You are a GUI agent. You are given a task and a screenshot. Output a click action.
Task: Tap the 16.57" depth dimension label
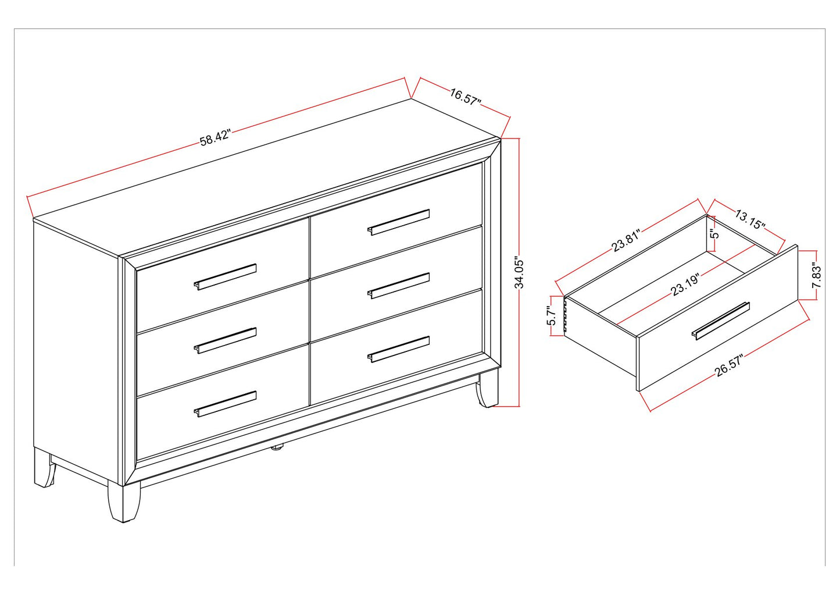point(465,97)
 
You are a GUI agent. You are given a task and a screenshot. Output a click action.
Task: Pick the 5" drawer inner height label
point(715,234)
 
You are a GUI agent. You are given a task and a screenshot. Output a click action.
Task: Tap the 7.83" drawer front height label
point(817,275)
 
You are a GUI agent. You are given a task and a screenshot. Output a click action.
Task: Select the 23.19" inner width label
point(685,285)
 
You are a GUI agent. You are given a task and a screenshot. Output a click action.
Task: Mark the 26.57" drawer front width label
point(728,366)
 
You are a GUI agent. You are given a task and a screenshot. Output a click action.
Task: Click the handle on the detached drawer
point(720,321)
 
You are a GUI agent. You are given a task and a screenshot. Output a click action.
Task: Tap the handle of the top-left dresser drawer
point(225,277)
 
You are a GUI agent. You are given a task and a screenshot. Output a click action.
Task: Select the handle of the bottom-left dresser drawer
point(225,404)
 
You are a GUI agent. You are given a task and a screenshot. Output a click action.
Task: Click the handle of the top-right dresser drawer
point(398,222)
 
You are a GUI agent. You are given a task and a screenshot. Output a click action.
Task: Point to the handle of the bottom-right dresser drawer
point(398,349)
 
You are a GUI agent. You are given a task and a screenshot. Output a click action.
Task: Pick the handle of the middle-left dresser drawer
point(225,341)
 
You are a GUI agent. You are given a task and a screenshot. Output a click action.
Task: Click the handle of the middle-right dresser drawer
point(398,286)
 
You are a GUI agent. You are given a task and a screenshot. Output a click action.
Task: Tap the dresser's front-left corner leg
point(124,503)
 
